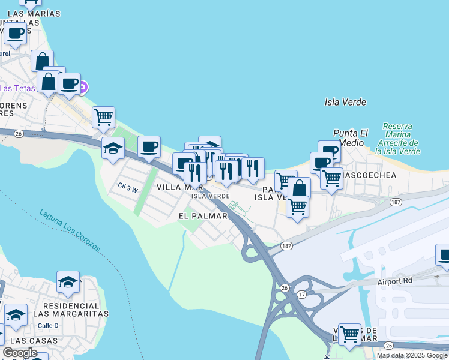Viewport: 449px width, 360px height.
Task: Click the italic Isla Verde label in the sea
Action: click(x=345, y=102)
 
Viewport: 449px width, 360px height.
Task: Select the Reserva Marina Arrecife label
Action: click(x=397, y=139)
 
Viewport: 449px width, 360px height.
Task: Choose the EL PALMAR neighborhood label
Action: click(x=203, y=215)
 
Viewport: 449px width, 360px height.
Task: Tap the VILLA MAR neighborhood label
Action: click(x=176, y=187)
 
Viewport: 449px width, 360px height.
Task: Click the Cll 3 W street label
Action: click(x=128, y=189)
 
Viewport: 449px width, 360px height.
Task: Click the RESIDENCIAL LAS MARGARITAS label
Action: click(x=71, y=309)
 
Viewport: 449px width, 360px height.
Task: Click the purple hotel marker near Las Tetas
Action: click(x=83, y=88)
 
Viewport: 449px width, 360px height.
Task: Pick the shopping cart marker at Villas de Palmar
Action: click(x=349, y=333)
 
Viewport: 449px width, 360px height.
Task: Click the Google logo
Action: click(x=19, y=353)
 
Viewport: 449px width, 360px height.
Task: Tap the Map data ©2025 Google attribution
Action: click(x=412, y=355)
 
